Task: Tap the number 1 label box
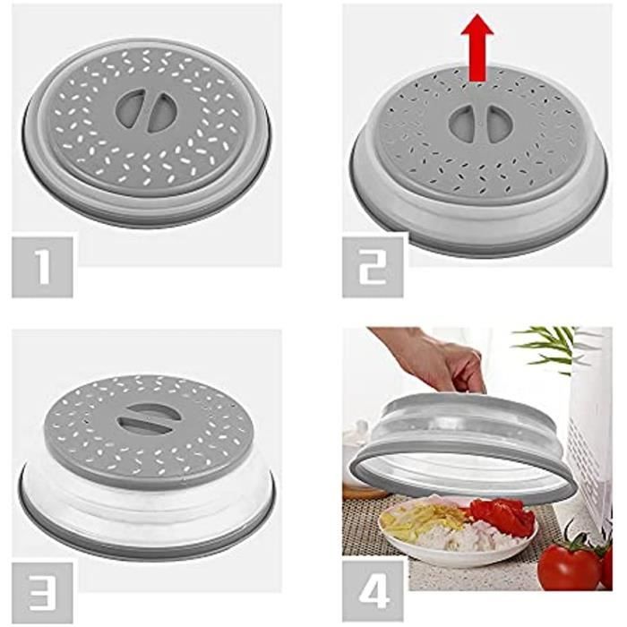[42, 266]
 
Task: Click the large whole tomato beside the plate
[569, 566]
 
